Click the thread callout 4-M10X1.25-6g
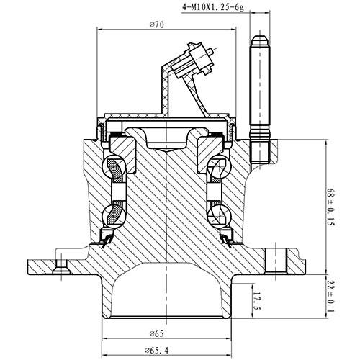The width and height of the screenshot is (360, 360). click(x=213, y=9)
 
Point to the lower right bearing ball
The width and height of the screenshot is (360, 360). click(x=217, y=215)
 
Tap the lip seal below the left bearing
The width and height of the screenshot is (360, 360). click(x=107, y=238)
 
